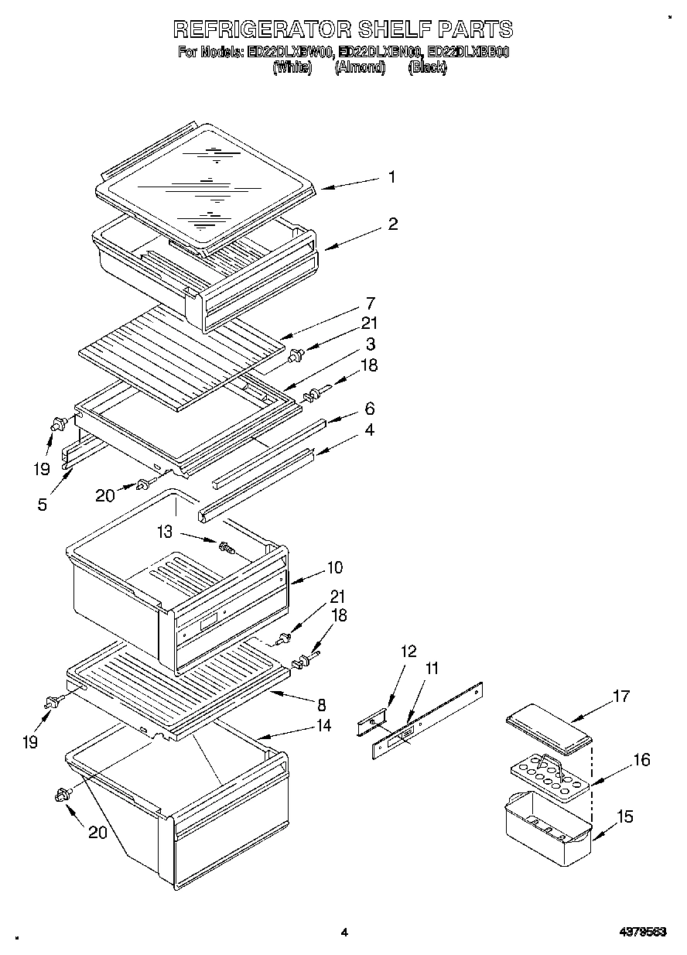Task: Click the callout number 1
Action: point(391,177)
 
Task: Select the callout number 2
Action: point(393,224)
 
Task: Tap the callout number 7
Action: point(371,303)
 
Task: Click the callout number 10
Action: point(334,567)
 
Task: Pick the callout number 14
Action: point(323,725)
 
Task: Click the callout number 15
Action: point(625,816)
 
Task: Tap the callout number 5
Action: point(42,505)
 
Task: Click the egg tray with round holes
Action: point(548,777)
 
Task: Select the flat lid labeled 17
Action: point(548,727)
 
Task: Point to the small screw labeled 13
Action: point(227,548)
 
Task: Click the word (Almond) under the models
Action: point(360,67)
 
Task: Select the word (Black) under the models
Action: point(427,67)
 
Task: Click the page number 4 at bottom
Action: point(344,932)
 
